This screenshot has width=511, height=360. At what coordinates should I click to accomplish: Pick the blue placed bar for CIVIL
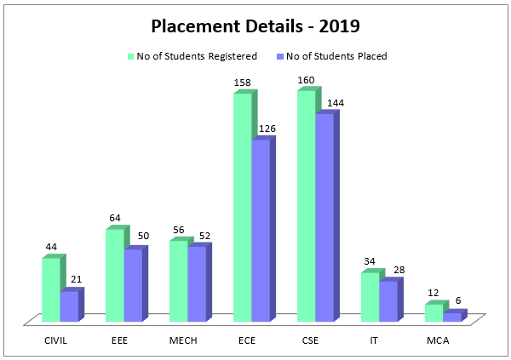pos(69,306)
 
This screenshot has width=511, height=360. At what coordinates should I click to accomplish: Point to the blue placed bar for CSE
pos(324,217)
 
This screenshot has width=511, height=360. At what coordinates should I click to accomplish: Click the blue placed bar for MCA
pos(451,317)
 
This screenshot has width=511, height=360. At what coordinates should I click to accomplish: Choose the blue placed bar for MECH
pos(197,283)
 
